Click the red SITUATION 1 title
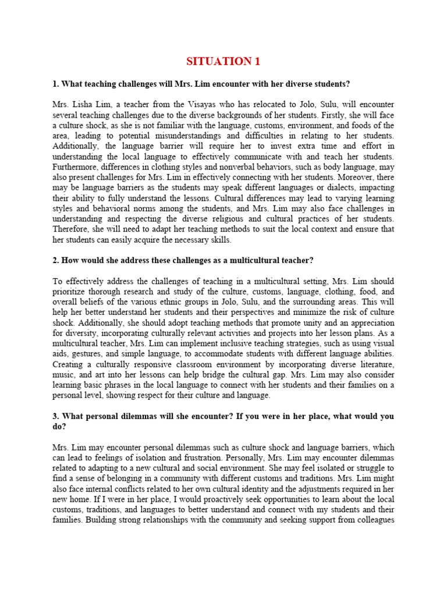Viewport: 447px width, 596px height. click(x=223, y=62)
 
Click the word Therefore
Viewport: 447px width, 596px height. click(x=73, y=230)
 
